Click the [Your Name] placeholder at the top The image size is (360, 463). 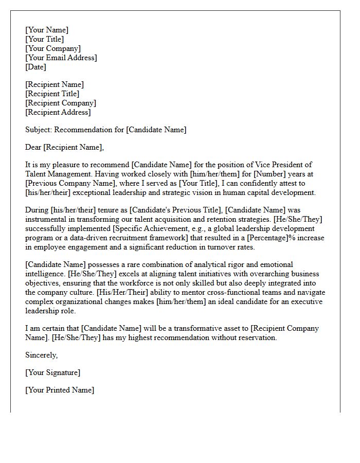(46, 30)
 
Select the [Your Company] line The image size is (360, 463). (53, 48)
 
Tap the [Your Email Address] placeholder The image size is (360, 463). (61, 58)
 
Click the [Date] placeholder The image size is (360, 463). (35, 67)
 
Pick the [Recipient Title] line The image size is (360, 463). (52, 94)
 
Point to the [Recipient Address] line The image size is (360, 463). (58, 112)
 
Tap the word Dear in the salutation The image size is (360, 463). (33, 148)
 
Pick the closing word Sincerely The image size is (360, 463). (41, 355)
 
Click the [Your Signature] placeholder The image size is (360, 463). (52, 372)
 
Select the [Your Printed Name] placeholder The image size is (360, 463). (60, 390)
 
